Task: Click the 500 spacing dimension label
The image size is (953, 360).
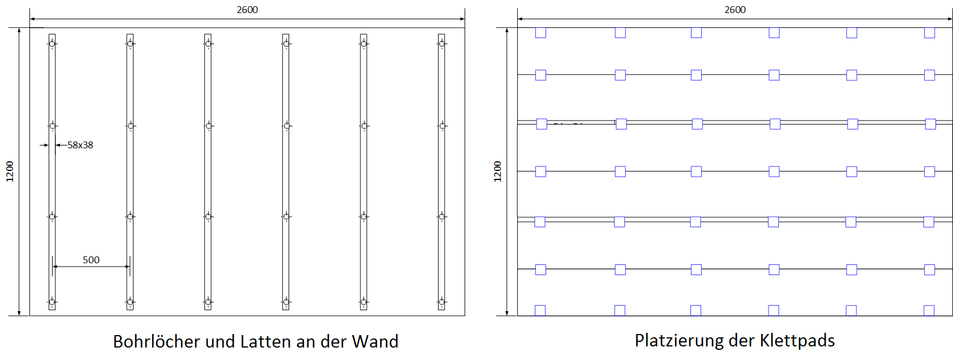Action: point(91,260)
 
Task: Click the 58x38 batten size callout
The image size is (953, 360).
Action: point(80,145)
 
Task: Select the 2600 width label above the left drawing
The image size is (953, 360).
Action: point(247,10)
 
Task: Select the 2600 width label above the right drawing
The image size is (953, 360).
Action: point(735,10)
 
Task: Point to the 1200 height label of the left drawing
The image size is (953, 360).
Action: point(10,171)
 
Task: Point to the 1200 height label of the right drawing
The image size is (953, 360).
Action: point(497,171)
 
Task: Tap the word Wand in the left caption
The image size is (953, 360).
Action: point(375,341)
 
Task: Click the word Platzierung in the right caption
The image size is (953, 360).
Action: point(678,340)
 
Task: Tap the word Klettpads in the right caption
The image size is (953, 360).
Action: point(797,340)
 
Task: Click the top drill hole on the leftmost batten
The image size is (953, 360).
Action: point(52,44)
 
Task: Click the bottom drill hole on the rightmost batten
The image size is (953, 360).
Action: point(442,302)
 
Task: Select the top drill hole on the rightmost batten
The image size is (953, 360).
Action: point(442,44)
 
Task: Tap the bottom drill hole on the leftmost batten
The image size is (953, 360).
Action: point(52,302)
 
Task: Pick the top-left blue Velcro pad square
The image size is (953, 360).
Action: point(540,33)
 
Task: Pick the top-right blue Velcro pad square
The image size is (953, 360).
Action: point(929,33)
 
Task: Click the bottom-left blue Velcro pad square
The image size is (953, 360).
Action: point(540,310)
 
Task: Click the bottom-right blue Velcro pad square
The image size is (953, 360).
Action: point(929,310)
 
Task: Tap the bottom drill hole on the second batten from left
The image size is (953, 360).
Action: point(130,302)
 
